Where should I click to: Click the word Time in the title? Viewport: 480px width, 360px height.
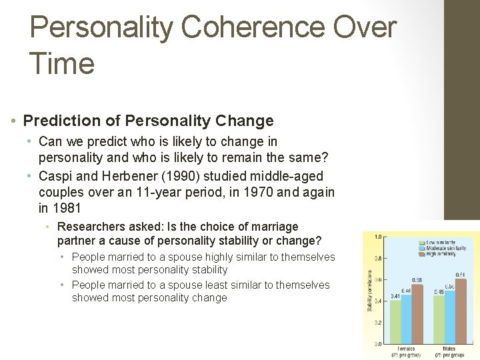[62, 64]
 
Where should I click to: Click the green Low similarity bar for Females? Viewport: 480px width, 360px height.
[396, 321]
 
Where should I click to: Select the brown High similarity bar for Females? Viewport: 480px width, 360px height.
[417, 313]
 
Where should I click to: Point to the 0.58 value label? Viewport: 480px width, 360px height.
[417, 280]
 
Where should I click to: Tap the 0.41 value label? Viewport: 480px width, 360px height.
[396, 295]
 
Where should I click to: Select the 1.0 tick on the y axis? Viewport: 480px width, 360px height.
[378, 237]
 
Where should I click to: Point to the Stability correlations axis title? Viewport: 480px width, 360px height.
[370, 290]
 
